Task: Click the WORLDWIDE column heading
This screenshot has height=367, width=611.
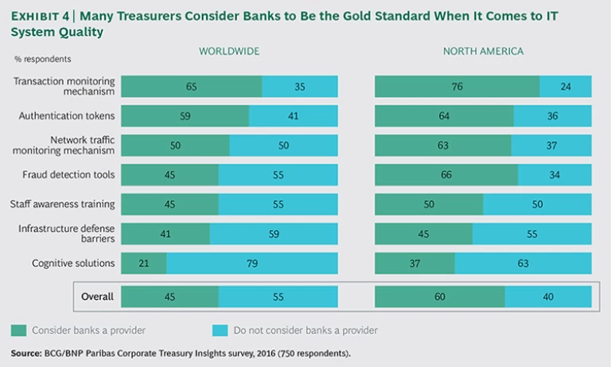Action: [x=229, y=52]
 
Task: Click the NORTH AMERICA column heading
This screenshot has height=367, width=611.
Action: [x=483, y=52]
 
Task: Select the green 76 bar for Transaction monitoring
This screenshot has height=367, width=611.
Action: [x=457, y=87]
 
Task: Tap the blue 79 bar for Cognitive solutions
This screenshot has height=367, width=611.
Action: [x=252, y=263]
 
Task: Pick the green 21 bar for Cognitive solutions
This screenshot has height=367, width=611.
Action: [x=144, y=263]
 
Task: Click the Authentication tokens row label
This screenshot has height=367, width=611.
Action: [x=67, y=116]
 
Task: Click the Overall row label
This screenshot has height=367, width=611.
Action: [x=97, y=297]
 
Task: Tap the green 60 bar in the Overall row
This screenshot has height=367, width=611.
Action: [x=439, y=297]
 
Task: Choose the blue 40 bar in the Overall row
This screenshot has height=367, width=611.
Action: [x=548, y=297]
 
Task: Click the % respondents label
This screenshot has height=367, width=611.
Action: [x=42, y=59]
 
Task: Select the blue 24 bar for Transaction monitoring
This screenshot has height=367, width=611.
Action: [x=566, y=87]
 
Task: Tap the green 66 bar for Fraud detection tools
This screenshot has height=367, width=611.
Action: [x=446, y=174]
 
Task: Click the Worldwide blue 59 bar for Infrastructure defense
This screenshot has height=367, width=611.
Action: [x=274, y=233]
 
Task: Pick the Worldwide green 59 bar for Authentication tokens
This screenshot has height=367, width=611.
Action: [x=185, y=116]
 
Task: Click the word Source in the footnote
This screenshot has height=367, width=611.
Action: [x=26, y=353]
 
